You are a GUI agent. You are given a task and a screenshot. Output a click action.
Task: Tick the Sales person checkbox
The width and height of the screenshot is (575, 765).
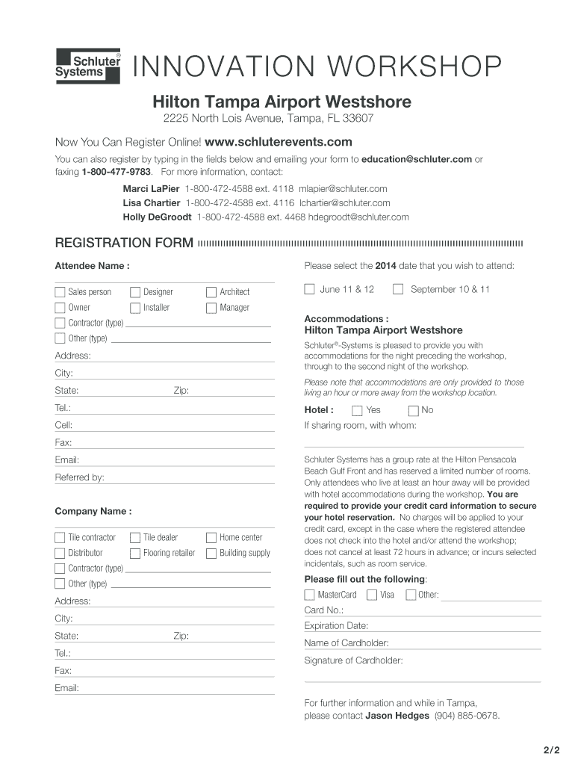click(x=60, y=291)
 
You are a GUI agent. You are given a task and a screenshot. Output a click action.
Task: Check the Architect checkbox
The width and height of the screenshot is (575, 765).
click(x=211, y=291)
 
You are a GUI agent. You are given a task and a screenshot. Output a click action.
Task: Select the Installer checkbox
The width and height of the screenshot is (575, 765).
click(x=135, y=307)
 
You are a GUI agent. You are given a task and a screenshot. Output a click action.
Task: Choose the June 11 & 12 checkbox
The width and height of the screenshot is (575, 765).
click(x=309, y=289)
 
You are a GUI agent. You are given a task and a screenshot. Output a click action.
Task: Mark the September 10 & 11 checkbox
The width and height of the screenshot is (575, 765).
click(x=398, y=289)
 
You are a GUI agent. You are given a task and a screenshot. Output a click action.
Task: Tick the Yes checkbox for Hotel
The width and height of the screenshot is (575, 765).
click(x=357, y=410)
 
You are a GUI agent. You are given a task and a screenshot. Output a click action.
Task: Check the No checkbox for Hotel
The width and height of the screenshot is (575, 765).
click(x=413, y=410)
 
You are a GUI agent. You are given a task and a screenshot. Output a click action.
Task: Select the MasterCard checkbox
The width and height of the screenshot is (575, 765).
click(x=309, y=595)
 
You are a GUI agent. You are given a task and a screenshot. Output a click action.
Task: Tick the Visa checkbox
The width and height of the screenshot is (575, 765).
click(x=371, y=595)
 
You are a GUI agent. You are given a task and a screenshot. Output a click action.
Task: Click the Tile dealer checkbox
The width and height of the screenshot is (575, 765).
click(x=135, y=537)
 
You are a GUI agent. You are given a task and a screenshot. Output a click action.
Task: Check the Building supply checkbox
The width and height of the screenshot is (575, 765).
click(x=211, y=553)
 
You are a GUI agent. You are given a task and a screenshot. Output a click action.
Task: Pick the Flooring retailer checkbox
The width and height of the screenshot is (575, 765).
click(x=135, y=553)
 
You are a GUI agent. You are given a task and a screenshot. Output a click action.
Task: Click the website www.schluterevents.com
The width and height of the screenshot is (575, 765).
click(x=278, y=142)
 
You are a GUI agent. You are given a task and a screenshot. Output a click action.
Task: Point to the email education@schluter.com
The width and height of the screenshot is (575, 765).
click(x=417, y=159)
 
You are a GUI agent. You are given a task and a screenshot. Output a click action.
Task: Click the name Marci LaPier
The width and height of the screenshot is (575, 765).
click(x=151, y=189)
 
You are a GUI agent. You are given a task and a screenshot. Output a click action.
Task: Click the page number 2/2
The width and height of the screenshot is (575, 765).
click(x=551, y=749)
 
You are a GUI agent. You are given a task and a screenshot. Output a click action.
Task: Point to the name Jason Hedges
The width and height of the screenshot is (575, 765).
click(x=397, y=716)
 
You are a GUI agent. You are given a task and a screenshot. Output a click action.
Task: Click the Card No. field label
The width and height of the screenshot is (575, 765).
click(x=324, y=610)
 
